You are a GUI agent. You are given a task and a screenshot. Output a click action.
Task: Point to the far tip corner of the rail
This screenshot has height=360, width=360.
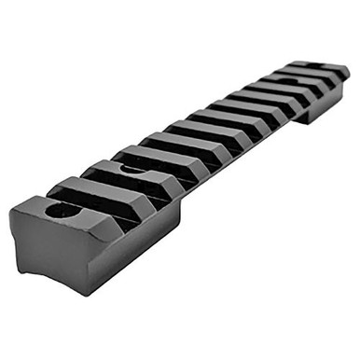tap(349, 73)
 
